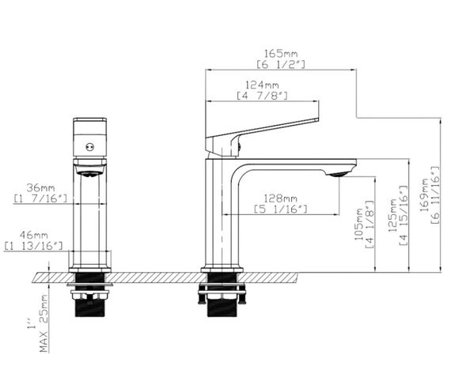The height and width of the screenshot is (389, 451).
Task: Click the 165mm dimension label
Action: coord(281,54)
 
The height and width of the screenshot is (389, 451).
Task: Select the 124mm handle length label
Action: coord(262,85)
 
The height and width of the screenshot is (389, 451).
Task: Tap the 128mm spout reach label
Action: coord(280,198)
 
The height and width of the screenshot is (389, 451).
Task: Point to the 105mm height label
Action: coord(359,225)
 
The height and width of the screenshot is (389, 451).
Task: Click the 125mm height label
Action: coord(392,215)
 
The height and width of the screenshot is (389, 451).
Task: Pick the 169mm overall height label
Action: coord(426,195)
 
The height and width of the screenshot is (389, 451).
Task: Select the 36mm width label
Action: coord(40,188)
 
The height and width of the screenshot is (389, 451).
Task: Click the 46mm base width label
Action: coord(34,235)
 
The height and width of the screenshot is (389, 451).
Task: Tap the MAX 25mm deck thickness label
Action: coord(44,323)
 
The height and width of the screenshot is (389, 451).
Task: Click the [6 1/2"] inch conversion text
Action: coord(281,65)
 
